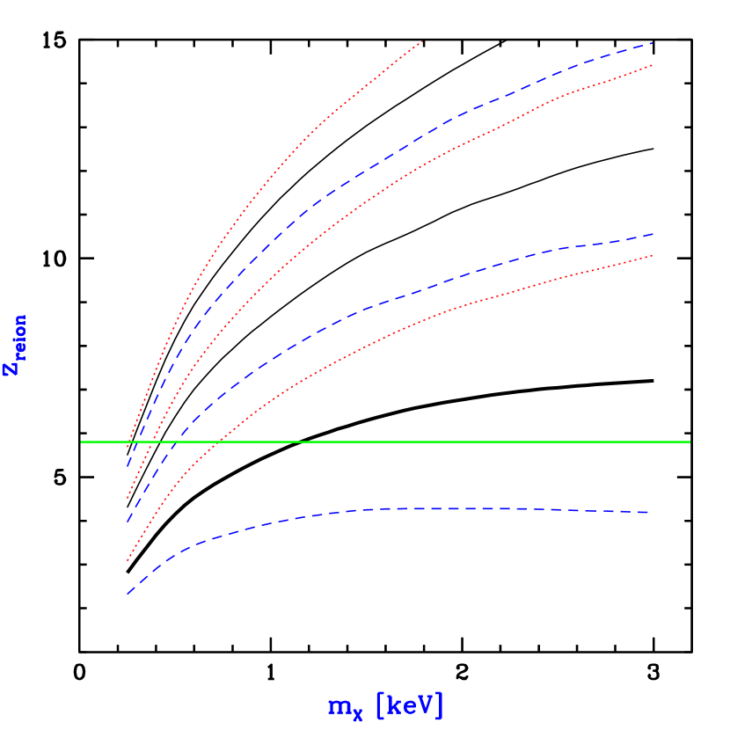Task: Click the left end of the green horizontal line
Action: (81, 442)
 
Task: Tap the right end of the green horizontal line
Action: (690, 442)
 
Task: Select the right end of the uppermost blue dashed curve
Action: (653, 42)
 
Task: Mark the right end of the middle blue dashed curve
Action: (653, 234)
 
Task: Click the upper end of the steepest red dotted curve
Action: (423, 40)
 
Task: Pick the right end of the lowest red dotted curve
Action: (653, 255)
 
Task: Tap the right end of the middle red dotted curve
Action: (653, 64)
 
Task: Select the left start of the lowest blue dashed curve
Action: (128, 595)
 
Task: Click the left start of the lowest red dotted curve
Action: (128, 560)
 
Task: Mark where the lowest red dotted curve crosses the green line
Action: (220, 442)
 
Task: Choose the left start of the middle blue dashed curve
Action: (128, 522)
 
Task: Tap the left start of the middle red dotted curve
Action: (128, 499)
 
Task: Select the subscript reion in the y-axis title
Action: (20, 337)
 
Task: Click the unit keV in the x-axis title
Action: (409, 704)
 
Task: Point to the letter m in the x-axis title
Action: (339, 705)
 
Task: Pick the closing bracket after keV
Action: (440, 705)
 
